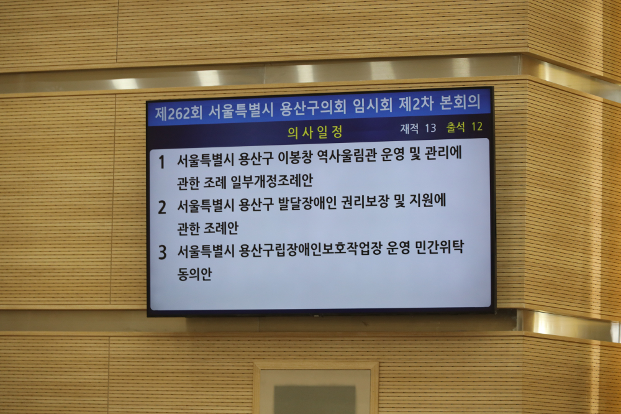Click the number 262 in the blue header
178,113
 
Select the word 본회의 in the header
460,102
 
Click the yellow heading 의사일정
315,132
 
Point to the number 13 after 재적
430,128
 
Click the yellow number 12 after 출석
477,127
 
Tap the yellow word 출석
455,127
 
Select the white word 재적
409,129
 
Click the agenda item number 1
161,162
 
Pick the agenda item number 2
162,208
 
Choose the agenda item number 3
162,252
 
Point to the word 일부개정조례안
272,182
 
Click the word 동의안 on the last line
194,274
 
